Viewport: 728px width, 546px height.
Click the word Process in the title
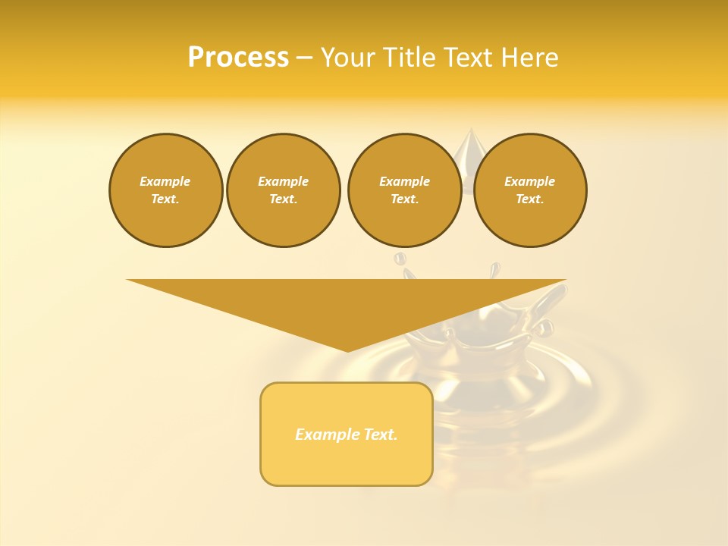point(238,58)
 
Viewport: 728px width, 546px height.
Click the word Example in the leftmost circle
point(165,181)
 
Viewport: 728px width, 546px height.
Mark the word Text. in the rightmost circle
point(529,199)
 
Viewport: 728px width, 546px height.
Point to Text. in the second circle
point(283,199)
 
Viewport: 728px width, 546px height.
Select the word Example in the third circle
point(404,181)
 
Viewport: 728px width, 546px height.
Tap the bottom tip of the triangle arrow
point(347,350)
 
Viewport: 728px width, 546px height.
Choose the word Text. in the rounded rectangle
point(381,435)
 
